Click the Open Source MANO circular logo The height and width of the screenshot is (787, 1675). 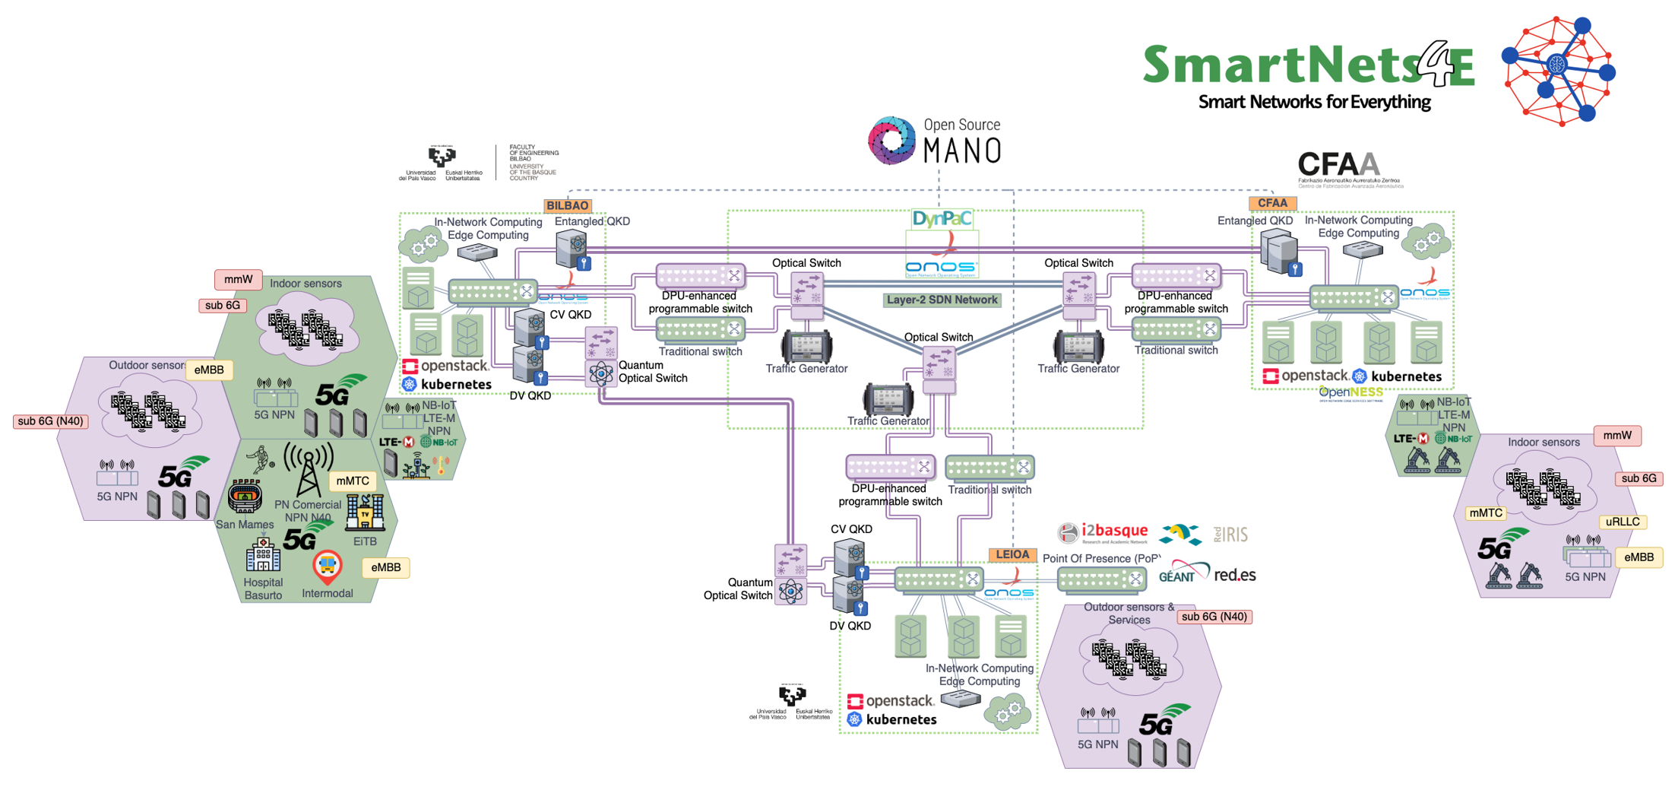[892, 141]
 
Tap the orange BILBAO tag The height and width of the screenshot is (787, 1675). [567, 205]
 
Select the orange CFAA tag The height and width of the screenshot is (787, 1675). [1272, 203]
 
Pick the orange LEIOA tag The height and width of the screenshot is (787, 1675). [1012, 554]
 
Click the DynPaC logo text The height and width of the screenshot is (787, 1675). [942, 219]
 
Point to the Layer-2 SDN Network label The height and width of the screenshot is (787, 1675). [942, 300]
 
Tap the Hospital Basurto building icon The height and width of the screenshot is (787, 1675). [263, 555]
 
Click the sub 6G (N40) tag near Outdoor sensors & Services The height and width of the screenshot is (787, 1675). [1214, 617]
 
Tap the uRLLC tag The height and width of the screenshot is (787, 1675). [1623, 522]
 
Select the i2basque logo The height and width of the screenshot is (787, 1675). [1103, 533]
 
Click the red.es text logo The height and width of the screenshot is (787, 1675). [1235, 575]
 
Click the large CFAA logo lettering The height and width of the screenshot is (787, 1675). [1338, 164]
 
